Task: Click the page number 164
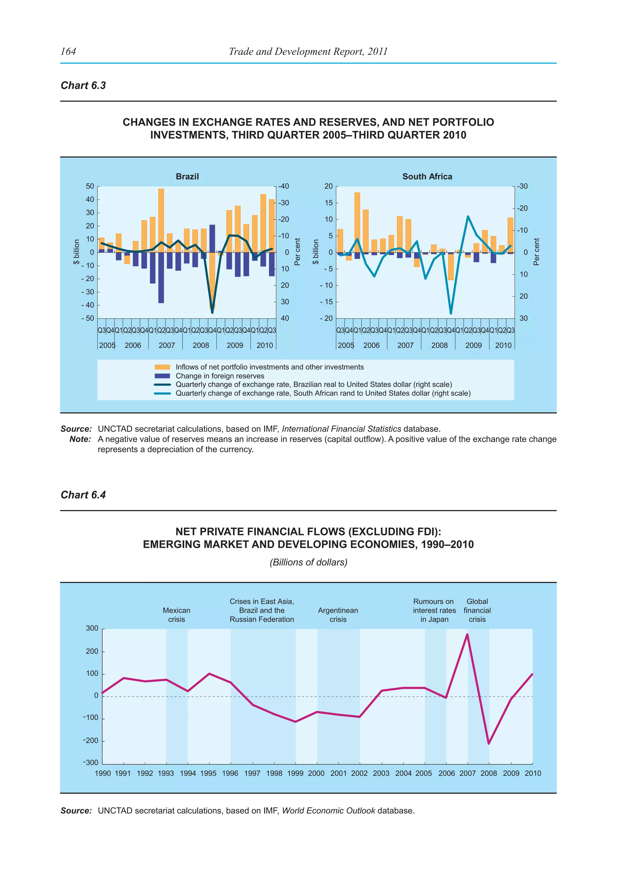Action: point(69,51)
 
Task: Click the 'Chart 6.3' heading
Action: point(83,86)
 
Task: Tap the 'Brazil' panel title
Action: point(187,176)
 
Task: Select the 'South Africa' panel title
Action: point(427,176)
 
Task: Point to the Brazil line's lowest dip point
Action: point(212,312)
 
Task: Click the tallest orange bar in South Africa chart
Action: point(357,222)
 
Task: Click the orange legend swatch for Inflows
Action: point(162,367)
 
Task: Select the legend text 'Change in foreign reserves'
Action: point(220,376)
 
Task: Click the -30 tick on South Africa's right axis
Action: point(523,186)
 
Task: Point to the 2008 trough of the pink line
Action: point(489,743)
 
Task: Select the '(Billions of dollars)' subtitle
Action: point(308,562)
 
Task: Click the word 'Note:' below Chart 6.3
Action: point(80,439)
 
